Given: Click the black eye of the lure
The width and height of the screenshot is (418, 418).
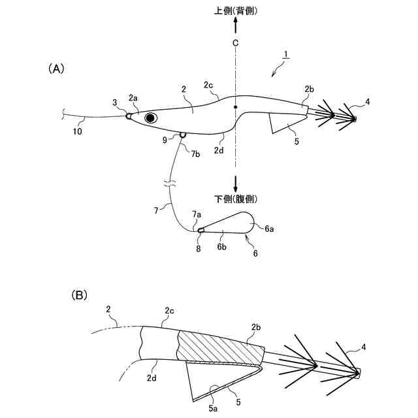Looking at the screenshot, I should tap(152, 118).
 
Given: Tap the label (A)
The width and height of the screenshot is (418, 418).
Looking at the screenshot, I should tap(56, 68).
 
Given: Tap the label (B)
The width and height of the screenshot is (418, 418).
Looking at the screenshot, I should tap(79, 295).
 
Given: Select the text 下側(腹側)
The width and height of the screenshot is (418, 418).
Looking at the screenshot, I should tap(236, 197).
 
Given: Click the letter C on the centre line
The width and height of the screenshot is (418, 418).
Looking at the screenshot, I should tap(235, 43).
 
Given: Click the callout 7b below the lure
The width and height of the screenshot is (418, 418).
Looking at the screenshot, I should tap(195, 153).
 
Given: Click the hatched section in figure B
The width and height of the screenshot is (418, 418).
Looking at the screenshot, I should tap(219, 347).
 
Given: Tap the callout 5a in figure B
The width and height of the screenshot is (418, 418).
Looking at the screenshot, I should tap(214, 406).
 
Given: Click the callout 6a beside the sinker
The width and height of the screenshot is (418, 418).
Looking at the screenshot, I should tap(269, 229).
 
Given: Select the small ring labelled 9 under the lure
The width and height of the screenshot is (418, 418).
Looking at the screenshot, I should tap(182, 135).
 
